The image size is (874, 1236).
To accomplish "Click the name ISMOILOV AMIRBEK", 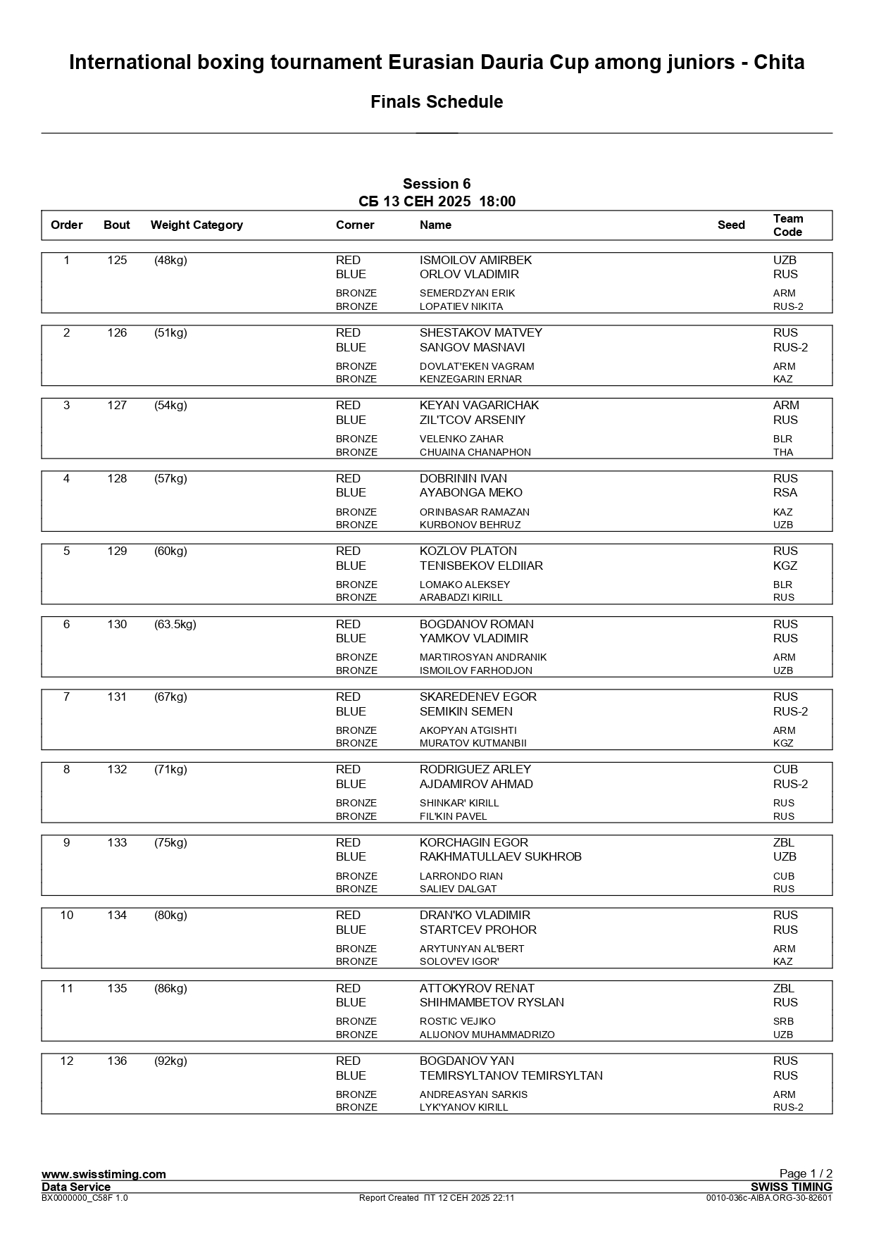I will click(475, 260).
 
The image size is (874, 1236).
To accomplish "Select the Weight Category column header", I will click(196, 225).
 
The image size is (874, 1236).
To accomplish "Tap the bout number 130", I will click(117, 624).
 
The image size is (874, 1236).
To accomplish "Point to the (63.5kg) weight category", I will click(175, 624).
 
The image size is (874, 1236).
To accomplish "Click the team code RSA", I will click(785, 492).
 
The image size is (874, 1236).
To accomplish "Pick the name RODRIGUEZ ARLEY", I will click(475, 769).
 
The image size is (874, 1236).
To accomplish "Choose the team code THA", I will click(782, 452).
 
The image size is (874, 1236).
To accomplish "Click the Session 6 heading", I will click(437, 184).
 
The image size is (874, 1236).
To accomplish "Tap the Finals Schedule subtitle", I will click(437, 102).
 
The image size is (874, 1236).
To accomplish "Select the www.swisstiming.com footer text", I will click(104, 1173).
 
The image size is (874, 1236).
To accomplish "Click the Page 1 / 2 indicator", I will click(805, 1173).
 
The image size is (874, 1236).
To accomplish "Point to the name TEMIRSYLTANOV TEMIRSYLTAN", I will click(511, 1075).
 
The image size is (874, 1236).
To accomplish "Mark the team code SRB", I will click(783, 1021).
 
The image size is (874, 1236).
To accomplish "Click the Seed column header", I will click(731, 225).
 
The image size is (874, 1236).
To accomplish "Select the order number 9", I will click(67, 842).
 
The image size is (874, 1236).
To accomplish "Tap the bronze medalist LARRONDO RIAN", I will click(461, 876).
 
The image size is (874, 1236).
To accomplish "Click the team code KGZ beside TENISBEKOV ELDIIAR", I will click(785, 566).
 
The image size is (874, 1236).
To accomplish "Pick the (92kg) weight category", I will click(170, 1061).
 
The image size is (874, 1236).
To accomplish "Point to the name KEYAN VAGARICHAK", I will click(479, 405).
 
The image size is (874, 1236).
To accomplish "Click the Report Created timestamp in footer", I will click(437, 1197).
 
